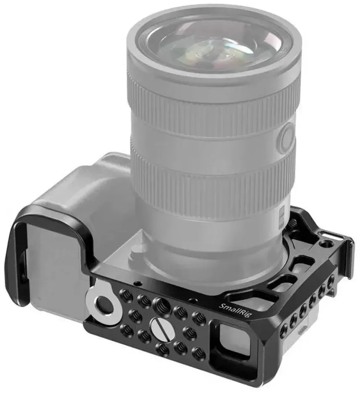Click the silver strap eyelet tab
(x=103, y=300)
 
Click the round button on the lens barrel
(x=288, y=137)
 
